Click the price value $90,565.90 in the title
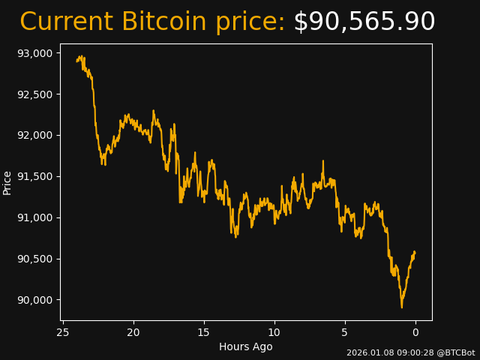364,22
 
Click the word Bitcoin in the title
163,22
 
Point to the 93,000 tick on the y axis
35,53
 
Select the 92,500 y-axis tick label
35,94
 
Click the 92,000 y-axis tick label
35,136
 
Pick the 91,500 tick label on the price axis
35,177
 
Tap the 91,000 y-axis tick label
35,218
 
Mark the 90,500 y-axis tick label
35,259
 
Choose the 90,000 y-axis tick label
35,301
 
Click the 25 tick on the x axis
63,332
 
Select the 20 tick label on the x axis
133,332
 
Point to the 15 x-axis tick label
204,332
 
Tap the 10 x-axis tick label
274,332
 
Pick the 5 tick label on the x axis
345,332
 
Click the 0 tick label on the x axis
415,332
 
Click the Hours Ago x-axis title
246,346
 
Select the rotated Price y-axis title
7,182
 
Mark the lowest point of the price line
401,307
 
